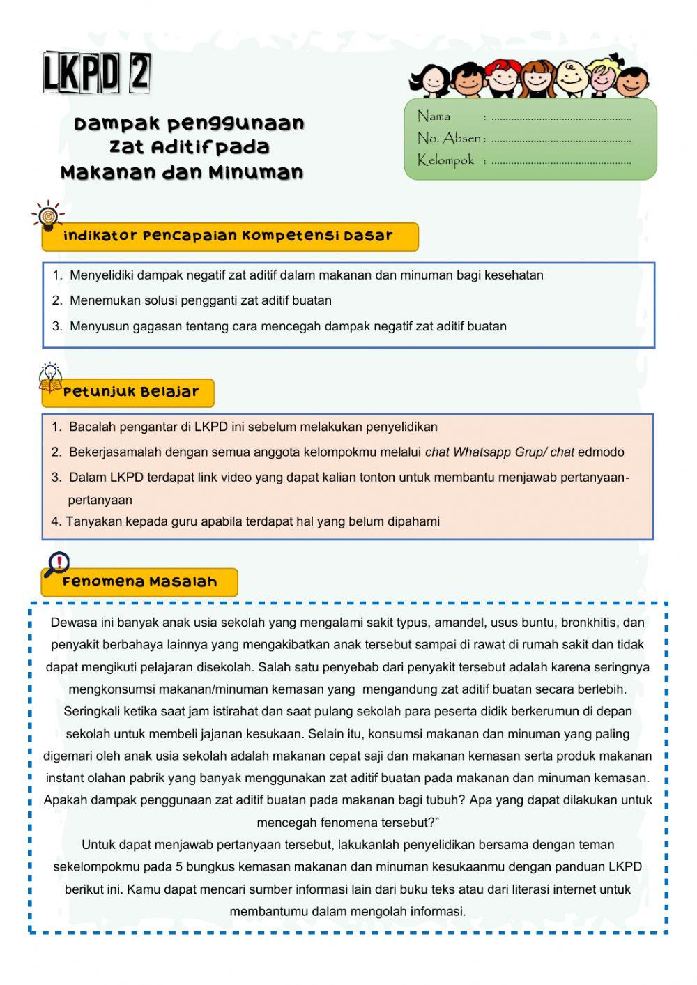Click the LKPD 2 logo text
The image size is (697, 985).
coord(96,72)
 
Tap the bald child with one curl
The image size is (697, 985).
coord(570,77)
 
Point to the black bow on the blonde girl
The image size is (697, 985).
coord(613,58)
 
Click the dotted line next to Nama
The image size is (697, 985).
coord(561,119)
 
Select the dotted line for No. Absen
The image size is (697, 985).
coord(561,140)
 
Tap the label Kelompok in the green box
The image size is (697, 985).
coord(445,160)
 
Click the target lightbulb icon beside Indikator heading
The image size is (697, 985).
coord(47,217)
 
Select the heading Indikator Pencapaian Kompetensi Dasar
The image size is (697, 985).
coord(228,236)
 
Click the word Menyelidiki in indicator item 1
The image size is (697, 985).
coord(102,275)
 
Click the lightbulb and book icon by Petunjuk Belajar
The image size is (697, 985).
coord(50,376)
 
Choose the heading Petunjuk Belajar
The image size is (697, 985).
coord(131,392)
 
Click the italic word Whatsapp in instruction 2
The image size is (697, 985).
coord(482,452)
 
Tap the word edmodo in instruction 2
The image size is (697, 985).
coord(601,452)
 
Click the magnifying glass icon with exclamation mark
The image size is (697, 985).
coord(56,564)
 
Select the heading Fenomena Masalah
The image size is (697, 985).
coord(139,582)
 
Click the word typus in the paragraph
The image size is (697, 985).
coord(413,623)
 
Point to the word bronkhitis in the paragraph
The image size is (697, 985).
coord(588,623)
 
